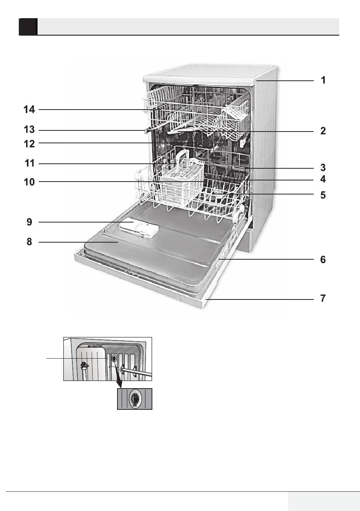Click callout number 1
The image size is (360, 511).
(x=323, y=80)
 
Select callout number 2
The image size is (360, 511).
(x=323, y=131)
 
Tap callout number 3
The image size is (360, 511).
(x=323, y=168)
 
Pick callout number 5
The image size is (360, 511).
(x=323, y=195)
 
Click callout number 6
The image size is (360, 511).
(x=323, y=260)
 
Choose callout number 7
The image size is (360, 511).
(x=323, y=298)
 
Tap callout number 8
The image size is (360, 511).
(x=30, y=241)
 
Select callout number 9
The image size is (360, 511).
(x=30, y=222)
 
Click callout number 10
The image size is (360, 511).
(x=29, y=182)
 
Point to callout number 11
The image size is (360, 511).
(x=30, y=163)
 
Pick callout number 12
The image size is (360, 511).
(x=29, y=144)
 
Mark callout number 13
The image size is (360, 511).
(x=29, y=130)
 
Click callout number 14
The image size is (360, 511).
(x=29, y=110)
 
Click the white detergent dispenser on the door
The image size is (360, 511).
(x=139, y=229)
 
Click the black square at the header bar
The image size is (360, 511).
(x=28, y=27)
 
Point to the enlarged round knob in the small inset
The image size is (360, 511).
(x=135, y=399)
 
